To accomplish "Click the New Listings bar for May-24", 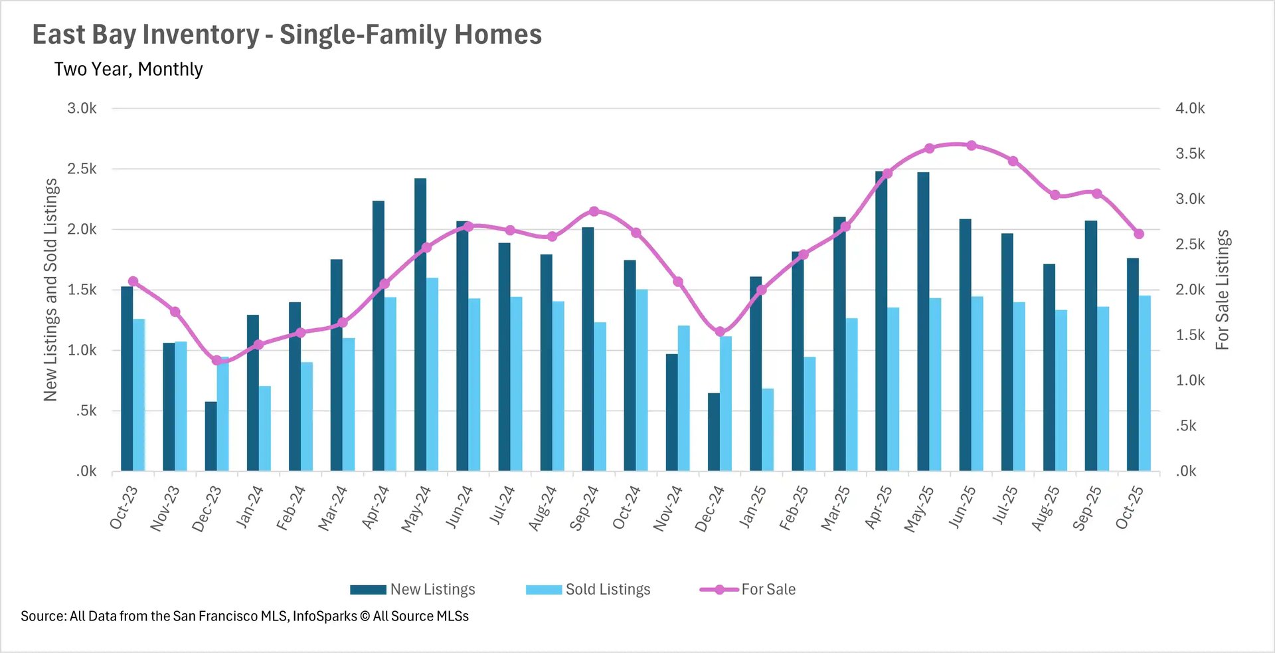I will point(420,325).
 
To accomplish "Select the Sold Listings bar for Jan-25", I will point(768,430).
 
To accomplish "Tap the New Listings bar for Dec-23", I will point(211,436).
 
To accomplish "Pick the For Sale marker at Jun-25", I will point(972,145).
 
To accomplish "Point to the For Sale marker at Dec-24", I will point(720,331).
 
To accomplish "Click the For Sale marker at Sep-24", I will point(594,211).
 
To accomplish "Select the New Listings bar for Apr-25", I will point(881,322).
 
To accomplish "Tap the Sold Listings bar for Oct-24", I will point(641,380).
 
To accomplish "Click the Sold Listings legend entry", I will point(588,589).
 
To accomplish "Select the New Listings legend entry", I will point(413,589).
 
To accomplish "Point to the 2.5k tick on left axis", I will point(82,169).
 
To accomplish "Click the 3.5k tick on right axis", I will point(1190,153).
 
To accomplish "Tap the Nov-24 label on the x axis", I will point(667,509).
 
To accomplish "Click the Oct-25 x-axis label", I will point(1130,508).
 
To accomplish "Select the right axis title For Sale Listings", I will point(1223,290).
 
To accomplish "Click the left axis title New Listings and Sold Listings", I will point(50,290).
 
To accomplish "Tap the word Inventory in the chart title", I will point(202,35).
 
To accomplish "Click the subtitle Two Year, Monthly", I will point(128,69).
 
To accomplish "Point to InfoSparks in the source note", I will point(324,616).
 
